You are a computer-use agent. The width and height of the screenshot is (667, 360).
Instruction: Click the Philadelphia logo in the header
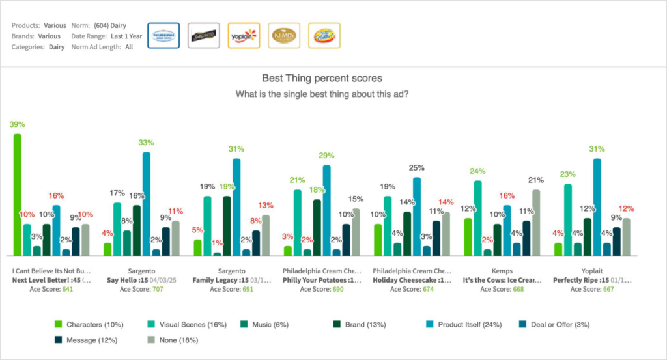coord(163,36)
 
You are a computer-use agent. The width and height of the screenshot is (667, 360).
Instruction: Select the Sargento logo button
coord(203,36)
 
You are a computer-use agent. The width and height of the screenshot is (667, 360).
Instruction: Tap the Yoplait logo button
coord(244,36)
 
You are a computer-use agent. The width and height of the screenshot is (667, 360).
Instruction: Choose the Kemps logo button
coord(284,36)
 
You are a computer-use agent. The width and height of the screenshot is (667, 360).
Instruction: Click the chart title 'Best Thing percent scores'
coord(322,77)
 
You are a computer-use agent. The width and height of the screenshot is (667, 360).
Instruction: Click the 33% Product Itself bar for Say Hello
coord(147,203)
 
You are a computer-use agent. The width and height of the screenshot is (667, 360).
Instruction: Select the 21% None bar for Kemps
coord(536,222)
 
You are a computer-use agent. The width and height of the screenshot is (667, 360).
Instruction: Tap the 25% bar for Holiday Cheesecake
coord(416,216)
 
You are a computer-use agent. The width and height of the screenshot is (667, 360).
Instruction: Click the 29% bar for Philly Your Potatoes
coord(326,210)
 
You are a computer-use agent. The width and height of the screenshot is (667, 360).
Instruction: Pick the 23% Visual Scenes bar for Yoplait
coord(567,219)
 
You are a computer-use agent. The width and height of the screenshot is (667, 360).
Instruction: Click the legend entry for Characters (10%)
coord(83,324)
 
